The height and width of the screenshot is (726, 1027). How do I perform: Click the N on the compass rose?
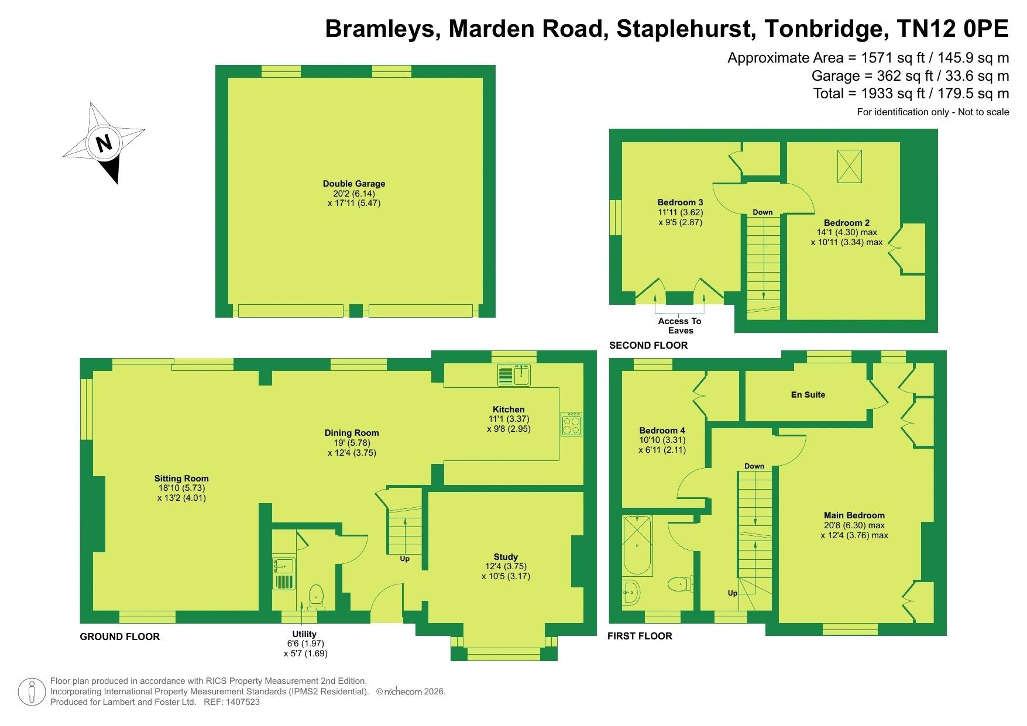tap(104, 143)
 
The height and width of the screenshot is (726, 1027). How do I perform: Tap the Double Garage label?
tap(354, 184)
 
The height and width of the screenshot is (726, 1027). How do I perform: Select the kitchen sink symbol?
tap(514, 375)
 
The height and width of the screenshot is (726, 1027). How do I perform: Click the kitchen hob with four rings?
tap(571, 424)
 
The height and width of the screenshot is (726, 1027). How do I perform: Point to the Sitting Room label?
tap(181, 479)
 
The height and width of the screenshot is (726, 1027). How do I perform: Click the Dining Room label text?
tap(352, 433)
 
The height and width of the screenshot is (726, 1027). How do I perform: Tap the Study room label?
tap(506, 557)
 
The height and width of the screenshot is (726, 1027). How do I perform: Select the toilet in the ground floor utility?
tap(316, 596)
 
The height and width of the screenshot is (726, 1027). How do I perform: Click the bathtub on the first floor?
tap(637, 545)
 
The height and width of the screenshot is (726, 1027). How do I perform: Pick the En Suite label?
tap(808, 395)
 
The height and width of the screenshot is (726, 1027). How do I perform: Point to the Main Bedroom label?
tap(854, 515)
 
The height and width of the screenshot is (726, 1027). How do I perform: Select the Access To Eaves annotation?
tap(680, 326)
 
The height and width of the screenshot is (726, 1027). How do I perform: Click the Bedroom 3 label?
tap(680, 202)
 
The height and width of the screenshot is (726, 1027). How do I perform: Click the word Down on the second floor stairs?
tap(762, 212)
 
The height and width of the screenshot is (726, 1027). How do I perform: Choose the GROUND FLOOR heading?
tap(119, 636)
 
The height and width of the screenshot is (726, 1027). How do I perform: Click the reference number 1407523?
tap(243, 702)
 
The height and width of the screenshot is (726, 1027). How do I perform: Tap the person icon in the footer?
tap(32, 692)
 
